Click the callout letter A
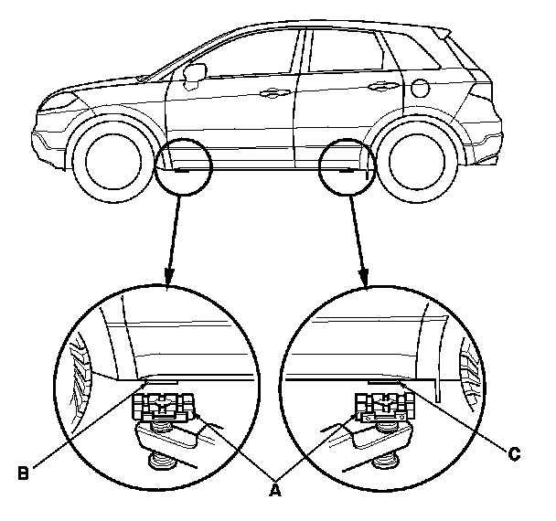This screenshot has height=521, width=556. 272,490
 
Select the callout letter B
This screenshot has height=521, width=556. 25,473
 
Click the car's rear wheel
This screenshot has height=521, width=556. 421,163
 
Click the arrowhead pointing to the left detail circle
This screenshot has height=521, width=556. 167,277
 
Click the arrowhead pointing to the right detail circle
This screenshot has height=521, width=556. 366,277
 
